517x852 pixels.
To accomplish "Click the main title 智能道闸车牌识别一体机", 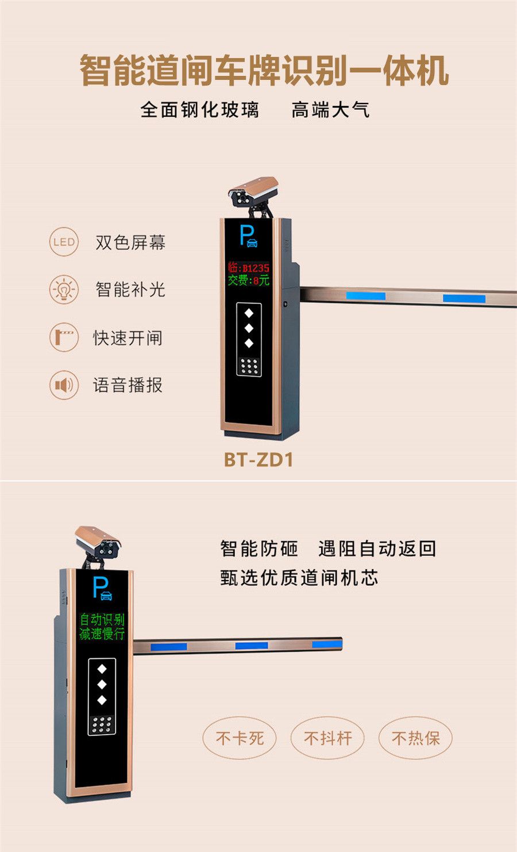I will (x=264, y=71).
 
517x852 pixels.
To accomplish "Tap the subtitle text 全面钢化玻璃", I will (x=200, y=109).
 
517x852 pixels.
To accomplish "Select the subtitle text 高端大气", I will (x=330, y=109).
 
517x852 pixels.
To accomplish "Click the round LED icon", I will (x=64, y=242).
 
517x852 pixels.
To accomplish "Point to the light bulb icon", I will (x=64, y=289).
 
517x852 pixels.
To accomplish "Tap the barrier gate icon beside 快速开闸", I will (x=64, y=337).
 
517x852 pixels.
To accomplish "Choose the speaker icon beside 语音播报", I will (x=64, y=385).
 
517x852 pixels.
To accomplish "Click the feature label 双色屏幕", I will (x=130, y=243).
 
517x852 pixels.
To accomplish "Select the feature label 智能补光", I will (x=130, y=289).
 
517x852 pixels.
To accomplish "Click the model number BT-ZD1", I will (x=258, y=460).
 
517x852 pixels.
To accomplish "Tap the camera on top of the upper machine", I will (x=253, y=193).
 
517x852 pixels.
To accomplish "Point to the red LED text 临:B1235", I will (x=248, y=268).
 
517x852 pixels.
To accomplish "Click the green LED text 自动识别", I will (x=102, y=619).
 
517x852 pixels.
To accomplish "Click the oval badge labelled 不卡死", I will (x=240, y=738).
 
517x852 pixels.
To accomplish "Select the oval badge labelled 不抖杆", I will (x=327, y=738).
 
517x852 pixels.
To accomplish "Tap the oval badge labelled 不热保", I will (x=415, y=738).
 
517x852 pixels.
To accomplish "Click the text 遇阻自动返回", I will (x=377, y=549).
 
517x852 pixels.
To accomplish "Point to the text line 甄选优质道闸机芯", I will (x=299, y=578).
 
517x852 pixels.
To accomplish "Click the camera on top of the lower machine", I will (x=98, y=542).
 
